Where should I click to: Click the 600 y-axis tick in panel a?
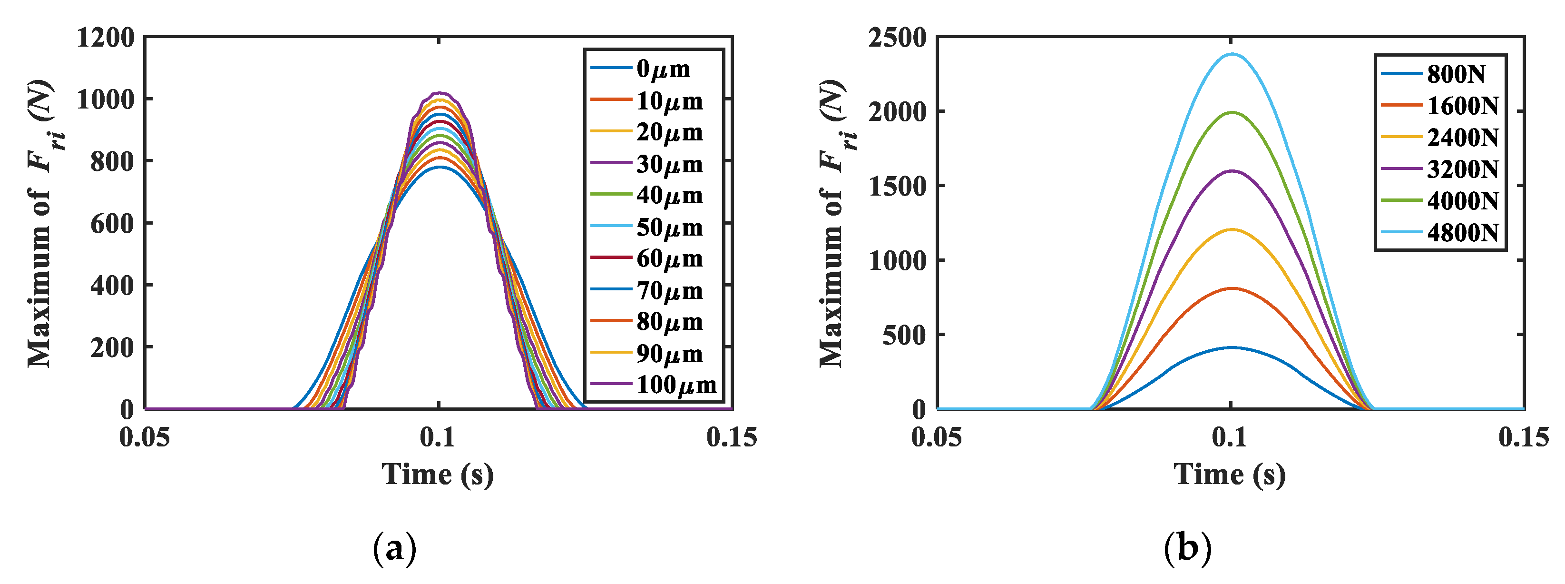click(x=112, y=224)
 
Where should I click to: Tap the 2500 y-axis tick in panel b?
click(x=897, y=38)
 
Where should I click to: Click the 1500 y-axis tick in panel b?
click(x=897, y=186)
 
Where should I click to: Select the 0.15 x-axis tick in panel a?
click(x=732, y=437)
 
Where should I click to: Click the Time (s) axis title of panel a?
click(x=438, y=474)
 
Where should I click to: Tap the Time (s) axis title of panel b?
click(x=1230, y=474)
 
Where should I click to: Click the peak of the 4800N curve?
click(x=1232, y=54)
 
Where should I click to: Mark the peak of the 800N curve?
click(x=1232, y=347)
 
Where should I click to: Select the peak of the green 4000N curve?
click(x=1232, y=112)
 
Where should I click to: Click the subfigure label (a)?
click(x=394, y=549)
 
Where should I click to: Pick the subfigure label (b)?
click(x=1187, y=549)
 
